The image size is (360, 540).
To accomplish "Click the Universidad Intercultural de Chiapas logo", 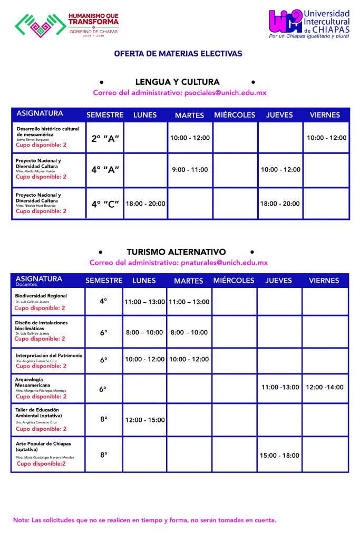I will click(309, 24).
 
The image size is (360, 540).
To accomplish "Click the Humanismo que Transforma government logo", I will click(67, 24).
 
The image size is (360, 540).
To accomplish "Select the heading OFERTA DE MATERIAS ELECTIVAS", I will click(178, 54).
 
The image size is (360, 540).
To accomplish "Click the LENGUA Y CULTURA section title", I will click(177, 82).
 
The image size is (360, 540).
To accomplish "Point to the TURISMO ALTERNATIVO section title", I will click(176, 252).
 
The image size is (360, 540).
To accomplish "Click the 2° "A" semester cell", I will click(105, 139).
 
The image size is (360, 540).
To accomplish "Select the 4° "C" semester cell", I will click(105, 204).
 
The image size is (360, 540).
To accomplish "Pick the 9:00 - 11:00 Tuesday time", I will click(190, 170).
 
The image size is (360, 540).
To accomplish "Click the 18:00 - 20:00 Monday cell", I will click(145, 204).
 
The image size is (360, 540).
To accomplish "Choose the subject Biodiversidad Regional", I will click(41, 296).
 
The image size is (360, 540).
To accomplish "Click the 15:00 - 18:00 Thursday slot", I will click(279, 456).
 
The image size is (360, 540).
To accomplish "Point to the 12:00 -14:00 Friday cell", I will click(325, 387).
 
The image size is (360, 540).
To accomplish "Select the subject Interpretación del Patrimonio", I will click(49, 355).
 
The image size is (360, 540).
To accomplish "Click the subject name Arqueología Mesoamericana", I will click(33, 382).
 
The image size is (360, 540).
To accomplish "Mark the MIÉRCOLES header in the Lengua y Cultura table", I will click(235, 115).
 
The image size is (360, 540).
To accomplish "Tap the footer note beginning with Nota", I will click(144, 520).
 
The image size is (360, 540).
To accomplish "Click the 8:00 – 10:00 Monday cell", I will click(144, 333).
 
